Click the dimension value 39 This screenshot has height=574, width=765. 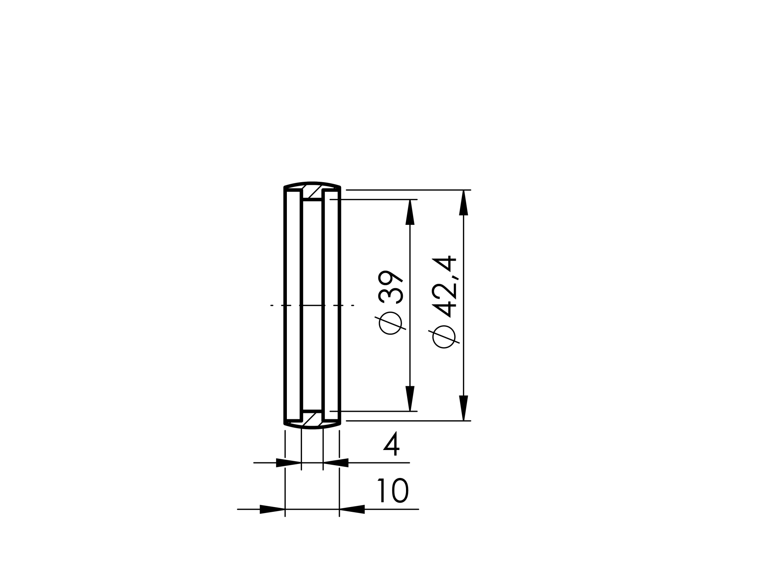pos(391,287)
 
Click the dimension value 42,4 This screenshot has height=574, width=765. pos(444,286)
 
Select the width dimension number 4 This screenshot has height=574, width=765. pos(391,444)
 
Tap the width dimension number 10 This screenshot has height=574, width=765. pos(393,491)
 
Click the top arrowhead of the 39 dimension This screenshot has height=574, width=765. pos(410,212)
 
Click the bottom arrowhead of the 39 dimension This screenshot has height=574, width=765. pos(410,399)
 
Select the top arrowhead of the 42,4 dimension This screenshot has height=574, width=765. pos(463,202)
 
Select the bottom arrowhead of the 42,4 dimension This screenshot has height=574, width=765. pos(463,408)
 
